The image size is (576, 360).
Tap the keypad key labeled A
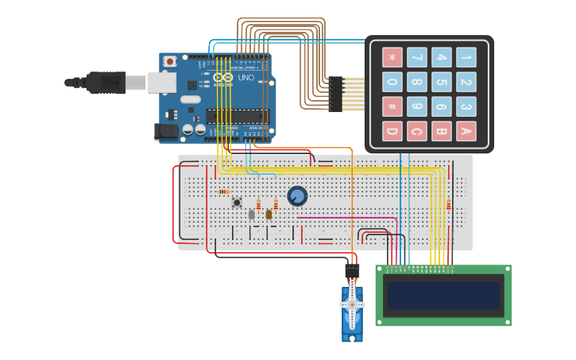click(x=466, y=131)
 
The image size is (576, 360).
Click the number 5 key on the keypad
click(x=442, y=82)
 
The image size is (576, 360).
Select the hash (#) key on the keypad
click(x=392, y=106)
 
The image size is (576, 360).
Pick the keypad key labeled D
click(x=392, y=131)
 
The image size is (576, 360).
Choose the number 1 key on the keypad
click(x=466, y=57)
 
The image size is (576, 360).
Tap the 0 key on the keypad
click(x=392, y=82)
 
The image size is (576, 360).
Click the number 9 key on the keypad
click(x=417, y=106)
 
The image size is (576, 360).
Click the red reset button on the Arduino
click(x=170, y=61)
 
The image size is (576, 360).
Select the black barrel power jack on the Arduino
click(x=167, y=131)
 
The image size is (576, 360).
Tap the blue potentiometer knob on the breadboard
click(x=297, y=195)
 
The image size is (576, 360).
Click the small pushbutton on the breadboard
click(x=237, y=203)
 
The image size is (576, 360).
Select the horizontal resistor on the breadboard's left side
click(x=223, y=192)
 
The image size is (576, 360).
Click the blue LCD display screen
click(x=443, y=295)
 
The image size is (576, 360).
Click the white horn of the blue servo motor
click(x=352, y=305)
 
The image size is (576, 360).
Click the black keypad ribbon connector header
click(x=335, y=94)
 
